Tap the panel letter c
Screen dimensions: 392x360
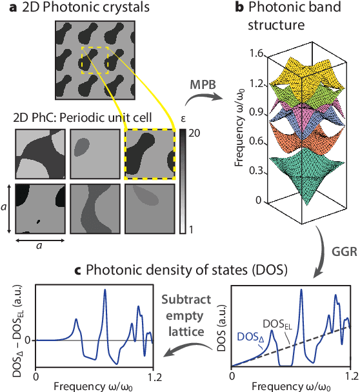click(6, 266)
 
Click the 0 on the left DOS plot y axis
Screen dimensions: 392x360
click(28, 339)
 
